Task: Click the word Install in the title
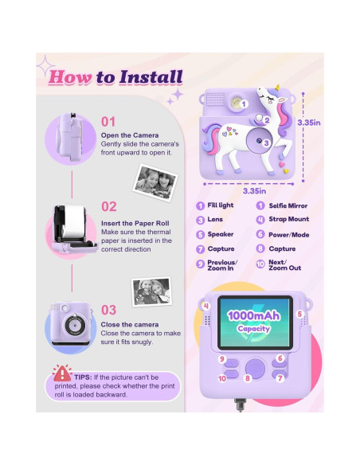click(149, 77)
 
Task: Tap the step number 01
click(109, 122)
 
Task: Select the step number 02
click(109, 205)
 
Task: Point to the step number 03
click(109, 309)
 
